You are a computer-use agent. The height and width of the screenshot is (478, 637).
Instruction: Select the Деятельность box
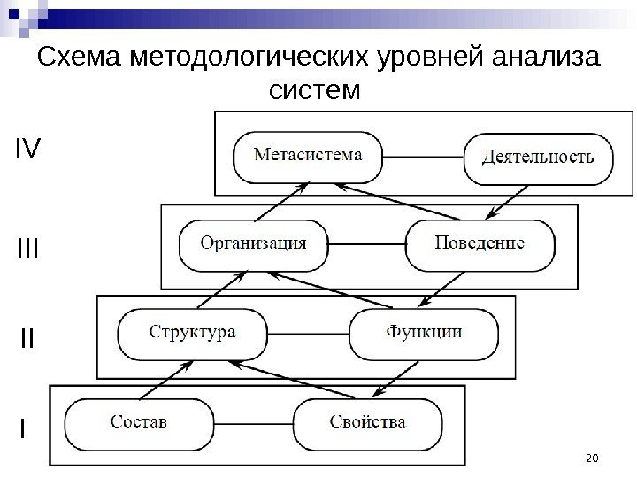(539, 158)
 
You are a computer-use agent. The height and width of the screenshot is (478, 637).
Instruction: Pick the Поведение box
(480, 243)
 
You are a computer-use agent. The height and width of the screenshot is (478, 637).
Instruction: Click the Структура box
(193, 333)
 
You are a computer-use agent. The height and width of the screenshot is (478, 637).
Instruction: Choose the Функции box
(424, 333)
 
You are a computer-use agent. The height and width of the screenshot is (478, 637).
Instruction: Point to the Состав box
(139, 422)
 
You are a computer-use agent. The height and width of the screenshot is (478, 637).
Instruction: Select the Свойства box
(369, 422)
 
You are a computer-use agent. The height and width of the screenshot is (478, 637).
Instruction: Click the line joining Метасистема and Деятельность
(424, 158)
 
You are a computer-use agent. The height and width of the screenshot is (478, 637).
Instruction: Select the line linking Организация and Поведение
(366, 243)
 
